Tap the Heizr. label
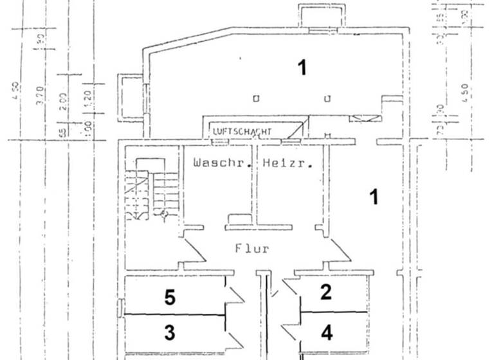click(x=288, y=163)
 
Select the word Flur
click(x=252, y=249)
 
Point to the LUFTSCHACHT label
click(x=242, y=132)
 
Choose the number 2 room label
click(x=327, y=292)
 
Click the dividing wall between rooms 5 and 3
click(x=174, y=314)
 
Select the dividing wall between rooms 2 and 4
click(x=334, y=312)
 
